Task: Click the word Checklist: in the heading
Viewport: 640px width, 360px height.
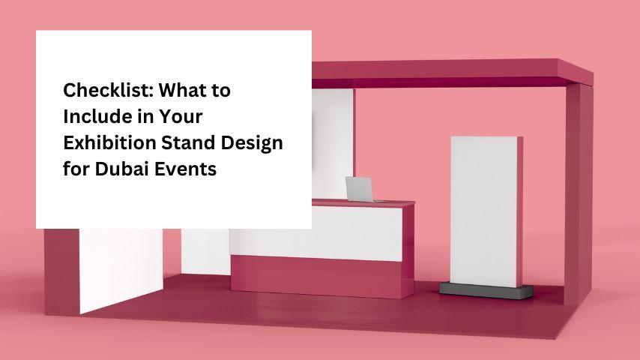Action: (107, 90)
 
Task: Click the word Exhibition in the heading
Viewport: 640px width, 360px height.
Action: (109, 142)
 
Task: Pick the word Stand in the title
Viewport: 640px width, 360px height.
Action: (188, 142)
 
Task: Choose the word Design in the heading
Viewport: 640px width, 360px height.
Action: (252, 143)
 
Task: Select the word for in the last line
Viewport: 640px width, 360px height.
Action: (76, 169)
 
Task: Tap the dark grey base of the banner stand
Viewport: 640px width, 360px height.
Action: (486, 290)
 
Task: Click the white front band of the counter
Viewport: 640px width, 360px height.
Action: (316, 233)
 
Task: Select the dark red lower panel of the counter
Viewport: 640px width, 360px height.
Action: (316, 277)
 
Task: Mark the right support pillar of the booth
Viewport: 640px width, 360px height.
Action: (579, 194)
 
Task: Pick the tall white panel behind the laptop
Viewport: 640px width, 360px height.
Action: (333, 144)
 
